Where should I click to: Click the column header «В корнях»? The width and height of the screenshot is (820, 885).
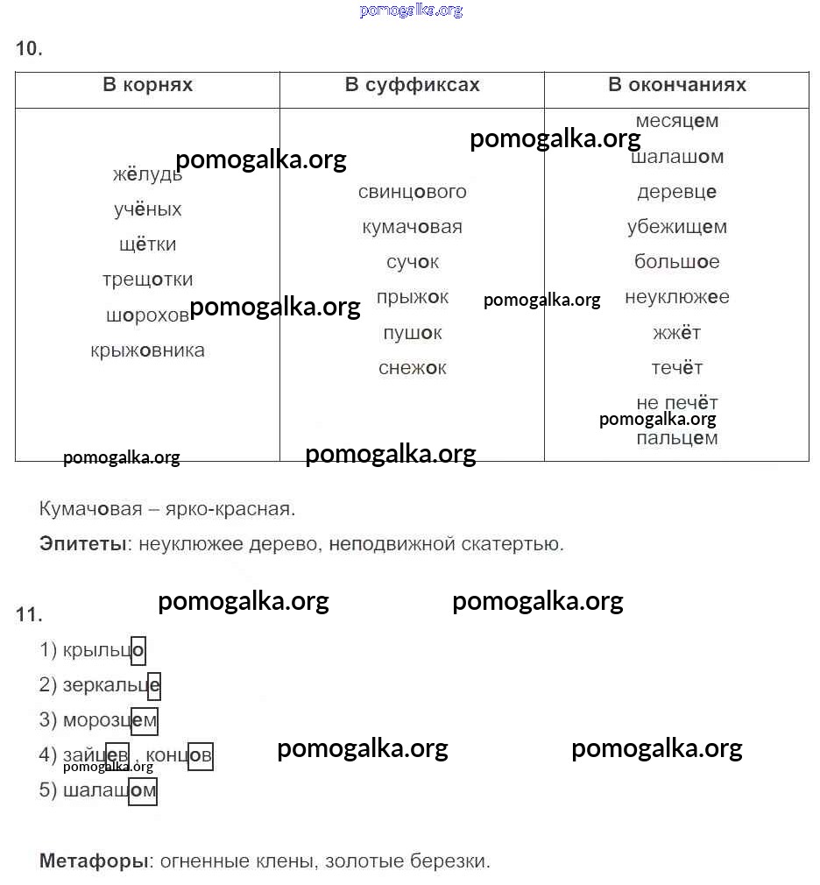(147, 85)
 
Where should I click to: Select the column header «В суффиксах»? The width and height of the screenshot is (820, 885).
(412, 85)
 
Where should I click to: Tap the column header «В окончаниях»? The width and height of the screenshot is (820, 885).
(677, 85)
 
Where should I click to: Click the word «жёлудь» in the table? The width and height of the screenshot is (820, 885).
(147, 174)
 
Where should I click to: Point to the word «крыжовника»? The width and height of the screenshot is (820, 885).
(147, 350)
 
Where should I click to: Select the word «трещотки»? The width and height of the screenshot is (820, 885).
(147, 280)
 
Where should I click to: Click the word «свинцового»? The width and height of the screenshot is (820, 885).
(412, 192)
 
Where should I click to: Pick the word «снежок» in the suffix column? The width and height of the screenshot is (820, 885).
(412, 368)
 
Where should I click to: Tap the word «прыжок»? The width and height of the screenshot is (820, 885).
(412, 297)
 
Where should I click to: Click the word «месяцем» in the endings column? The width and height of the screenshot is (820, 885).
(677, 121)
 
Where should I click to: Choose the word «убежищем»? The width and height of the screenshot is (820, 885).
(677, 227)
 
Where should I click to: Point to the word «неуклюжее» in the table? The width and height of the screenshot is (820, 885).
(677, 297)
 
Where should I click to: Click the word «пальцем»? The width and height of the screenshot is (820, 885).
(677, 438)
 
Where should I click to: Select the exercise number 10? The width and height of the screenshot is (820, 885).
(29, 49)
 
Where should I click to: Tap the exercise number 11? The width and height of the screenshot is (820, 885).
(29, 615)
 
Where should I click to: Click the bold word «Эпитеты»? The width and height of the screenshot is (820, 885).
(83, 544)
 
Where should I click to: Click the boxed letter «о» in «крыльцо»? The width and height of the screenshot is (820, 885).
(138, 651)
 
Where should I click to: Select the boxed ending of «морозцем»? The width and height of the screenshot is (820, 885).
(145, 721)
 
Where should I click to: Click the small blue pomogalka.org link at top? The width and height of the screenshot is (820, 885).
(411, 11)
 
